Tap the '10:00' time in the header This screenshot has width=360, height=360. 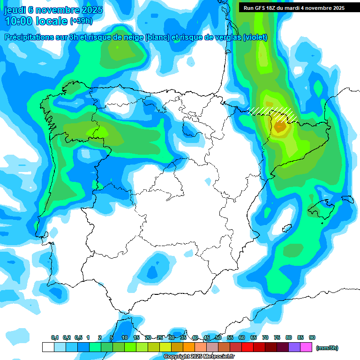click(x=20, y=21)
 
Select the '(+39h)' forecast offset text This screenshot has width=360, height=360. click(x=81, y=21)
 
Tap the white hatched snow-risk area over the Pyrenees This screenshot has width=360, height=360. click(x=272, y=112)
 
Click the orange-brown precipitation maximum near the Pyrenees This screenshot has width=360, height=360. click(x=281, y=126)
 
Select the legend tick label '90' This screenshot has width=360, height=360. click(x=312, y=338)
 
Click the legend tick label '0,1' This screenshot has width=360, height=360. click(x=54, y=338)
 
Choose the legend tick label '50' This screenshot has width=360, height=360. click(x=218, y=338)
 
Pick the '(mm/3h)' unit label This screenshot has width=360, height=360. click(x=327, y=348)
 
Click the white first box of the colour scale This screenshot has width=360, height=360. click(x=48, y=347)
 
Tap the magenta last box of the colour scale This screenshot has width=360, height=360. click(x=306, y=347)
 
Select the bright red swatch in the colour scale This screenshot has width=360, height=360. click(x=247, y=347)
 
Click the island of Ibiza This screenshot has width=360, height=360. click(x=285, y=229)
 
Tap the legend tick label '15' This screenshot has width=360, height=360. click(x=136, y=338)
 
